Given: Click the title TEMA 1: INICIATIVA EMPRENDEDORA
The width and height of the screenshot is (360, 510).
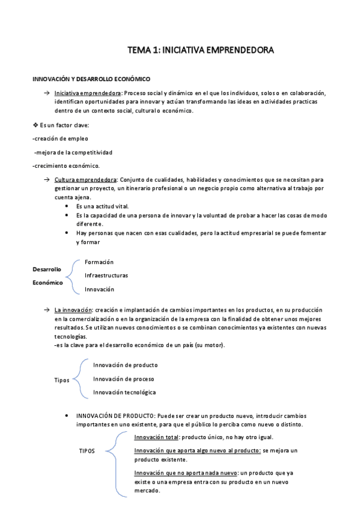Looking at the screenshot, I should (201, 52).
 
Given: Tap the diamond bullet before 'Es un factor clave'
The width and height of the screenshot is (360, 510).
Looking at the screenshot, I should (35, 124).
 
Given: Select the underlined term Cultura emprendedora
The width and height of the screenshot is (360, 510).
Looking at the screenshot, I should (85, 180).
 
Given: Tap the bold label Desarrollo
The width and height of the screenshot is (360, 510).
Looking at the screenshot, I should (47, 269).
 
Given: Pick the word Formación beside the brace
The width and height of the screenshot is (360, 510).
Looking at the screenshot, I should (99, 262).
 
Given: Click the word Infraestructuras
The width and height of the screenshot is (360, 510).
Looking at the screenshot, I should (106, 275).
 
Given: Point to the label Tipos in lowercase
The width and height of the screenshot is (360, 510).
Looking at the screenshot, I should (61, 380).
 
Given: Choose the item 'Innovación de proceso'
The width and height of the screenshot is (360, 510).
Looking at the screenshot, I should (123, 379).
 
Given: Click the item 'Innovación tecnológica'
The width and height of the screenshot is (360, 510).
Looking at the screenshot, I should (124, 392).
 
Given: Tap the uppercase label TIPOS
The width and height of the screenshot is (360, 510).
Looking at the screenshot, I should (87, 450).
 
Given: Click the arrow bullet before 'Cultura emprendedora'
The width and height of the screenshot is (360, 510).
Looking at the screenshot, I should (46, 180).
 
